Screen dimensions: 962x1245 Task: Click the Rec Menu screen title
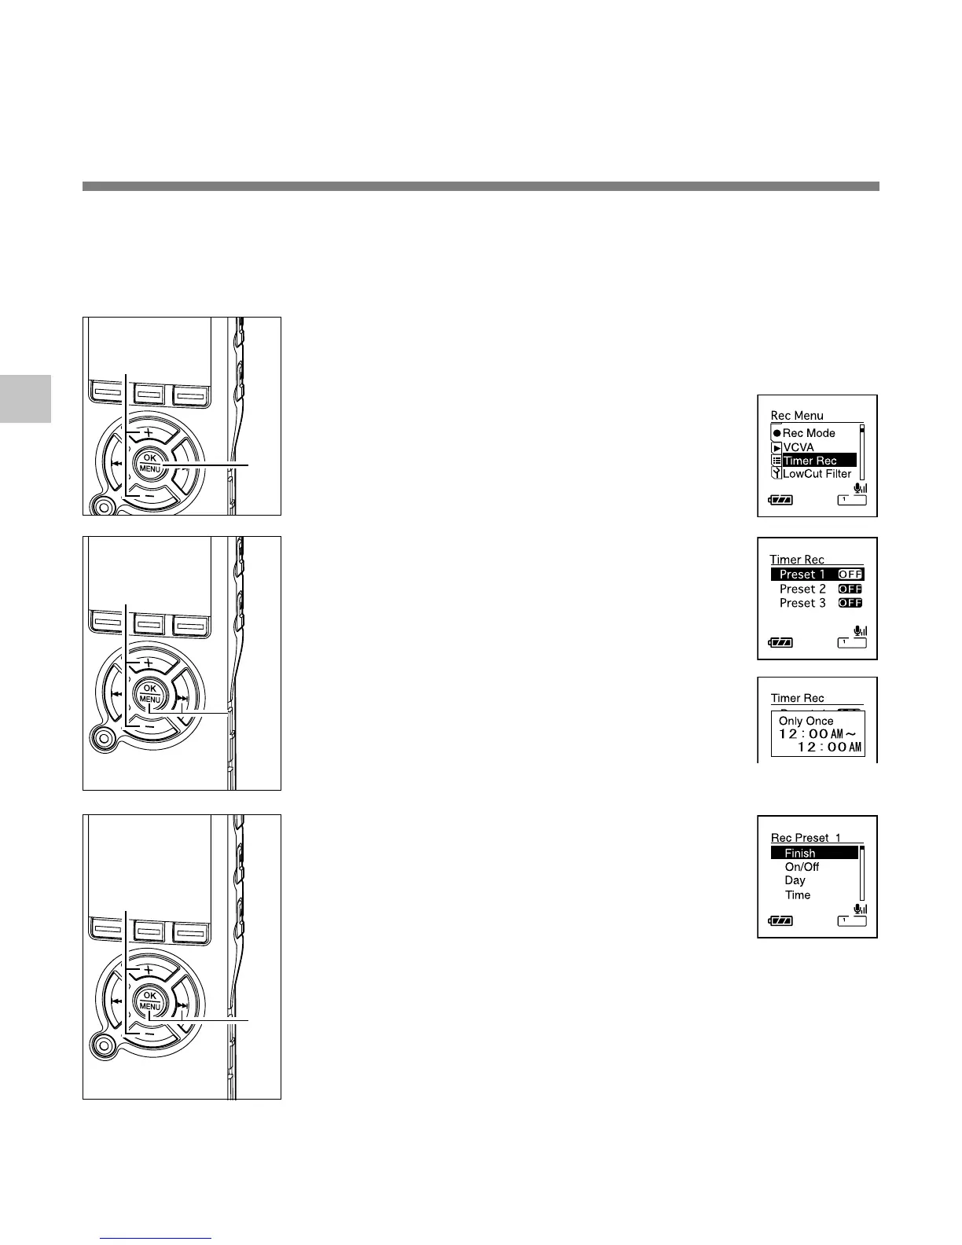pos(797,416)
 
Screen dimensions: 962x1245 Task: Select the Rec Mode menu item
pos(809,433)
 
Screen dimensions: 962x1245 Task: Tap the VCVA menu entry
pos(799,447)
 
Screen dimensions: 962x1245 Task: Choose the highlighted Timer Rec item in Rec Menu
pos(810,461)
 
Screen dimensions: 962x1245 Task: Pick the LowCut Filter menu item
pos(817,474)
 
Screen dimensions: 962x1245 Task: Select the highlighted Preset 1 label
pos(802,575)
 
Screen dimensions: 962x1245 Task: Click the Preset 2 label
pos(802,589)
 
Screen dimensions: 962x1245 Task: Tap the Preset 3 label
pos(802,603)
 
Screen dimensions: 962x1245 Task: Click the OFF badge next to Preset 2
pos(850,589)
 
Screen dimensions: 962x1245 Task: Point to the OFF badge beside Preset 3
pos(850,603)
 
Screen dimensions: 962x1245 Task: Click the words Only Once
pos(806,721)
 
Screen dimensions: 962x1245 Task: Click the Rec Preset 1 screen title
pos(806,838)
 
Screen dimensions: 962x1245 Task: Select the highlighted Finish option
pos(800,854)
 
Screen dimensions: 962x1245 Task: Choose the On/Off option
pos(802,867)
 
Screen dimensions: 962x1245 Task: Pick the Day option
pos(795,881)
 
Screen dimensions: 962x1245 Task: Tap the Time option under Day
pos(797,895)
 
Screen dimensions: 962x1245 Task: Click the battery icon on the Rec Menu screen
pos(780,499)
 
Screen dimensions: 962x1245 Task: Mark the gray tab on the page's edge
pos(25,398)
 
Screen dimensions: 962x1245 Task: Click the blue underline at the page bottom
pos(156,1239)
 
